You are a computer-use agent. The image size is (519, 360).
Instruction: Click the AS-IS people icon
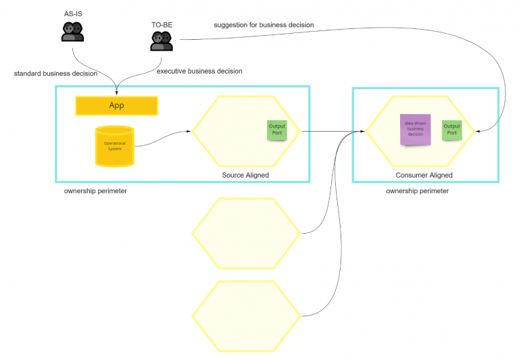click(x=72, y=31)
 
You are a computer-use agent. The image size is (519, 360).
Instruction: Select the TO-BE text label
click(x=162, y=24)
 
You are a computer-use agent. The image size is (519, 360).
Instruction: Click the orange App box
click(x=116, y=105)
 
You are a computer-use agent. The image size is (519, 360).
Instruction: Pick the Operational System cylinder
click(x=114, y=146)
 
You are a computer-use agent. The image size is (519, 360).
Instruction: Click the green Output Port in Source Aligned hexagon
click(x=276, y=130)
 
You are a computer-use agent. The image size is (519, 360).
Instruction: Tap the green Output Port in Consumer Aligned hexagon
click(x=451, y=130)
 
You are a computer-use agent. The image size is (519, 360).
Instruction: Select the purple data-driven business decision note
click(x=414, y=130)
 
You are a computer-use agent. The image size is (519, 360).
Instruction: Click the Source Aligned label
click(x=245, y=176)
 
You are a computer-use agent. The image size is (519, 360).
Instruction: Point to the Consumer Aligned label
click(x=424, y=176)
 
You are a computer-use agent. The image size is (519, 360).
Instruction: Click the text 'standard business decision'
click(x=55, y=73)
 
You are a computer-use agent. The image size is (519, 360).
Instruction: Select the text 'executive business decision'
click(x=199, y=71)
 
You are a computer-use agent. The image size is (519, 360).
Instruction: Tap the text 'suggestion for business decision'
click(x=264, y=25)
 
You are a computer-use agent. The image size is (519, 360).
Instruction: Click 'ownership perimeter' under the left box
click(x=95, y=191)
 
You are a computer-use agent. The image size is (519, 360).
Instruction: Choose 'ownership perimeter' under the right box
click(x=417, y=191)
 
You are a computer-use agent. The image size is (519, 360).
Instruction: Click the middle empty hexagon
click(x=246, y=233)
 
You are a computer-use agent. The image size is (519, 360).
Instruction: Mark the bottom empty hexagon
click(x=246, y=315)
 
